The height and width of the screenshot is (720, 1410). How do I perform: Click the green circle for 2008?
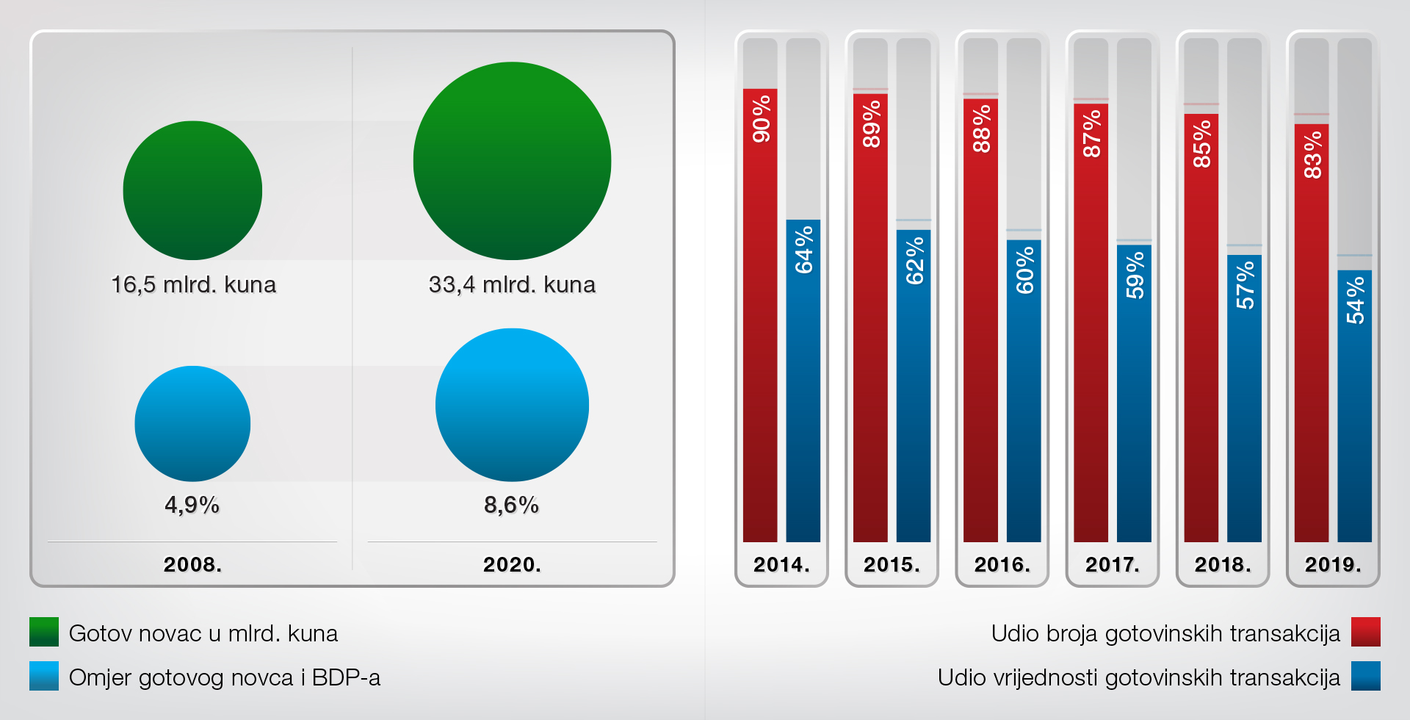click(192, 190)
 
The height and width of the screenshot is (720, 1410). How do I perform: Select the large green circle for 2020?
click(512, 161)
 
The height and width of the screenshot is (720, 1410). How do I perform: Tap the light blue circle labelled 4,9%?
click(192, 424)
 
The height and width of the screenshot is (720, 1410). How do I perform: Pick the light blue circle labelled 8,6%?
click(512, 405)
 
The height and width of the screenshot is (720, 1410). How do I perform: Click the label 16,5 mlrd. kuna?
click(193, 284)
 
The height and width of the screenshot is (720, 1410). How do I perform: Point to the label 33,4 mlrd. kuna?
click(512, 284)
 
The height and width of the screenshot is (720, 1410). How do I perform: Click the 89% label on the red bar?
click(871, 124)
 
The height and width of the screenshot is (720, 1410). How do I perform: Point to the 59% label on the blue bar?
click(1135, 275)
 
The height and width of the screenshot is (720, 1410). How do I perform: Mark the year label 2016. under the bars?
click(1002, 564)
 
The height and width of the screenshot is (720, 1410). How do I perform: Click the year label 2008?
click(192, 564)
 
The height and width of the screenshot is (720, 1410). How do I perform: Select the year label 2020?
click(512, 564)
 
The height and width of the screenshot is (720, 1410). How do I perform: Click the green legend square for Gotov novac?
click(44, 632)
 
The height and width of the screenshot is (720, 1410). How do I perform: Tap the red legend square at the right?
click(1365, 632)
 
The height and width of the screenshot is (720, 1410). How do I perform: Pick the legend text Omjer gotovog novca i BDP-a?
click(225, 677)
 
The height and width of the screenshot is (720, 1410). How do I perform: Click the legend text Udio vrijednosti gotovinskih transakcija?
click(1138, 677)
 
